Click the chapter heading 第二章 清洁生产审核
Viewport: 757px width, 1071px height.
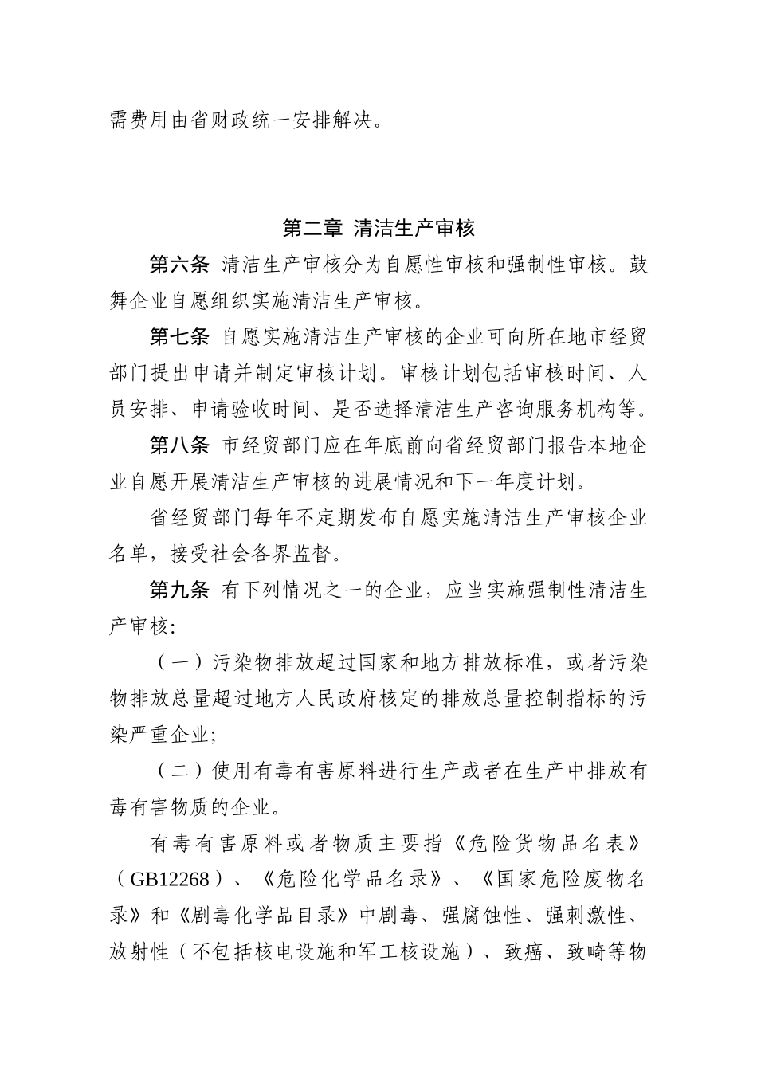click(378, 229)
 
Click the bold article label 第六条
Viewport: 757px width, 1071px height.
click(179, 265)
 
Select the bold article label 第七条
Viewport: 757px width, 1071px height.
click(179, 337)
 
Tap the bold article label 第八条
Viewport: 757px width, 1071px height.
click(179, 446)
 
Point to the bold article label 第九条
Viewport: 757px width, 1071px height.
click(179, 590)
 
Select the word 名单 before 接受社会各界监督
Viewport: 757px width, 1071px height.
click(128, 555)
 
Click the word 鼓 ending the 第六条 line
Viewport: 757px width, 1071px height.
click(638, 265)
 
